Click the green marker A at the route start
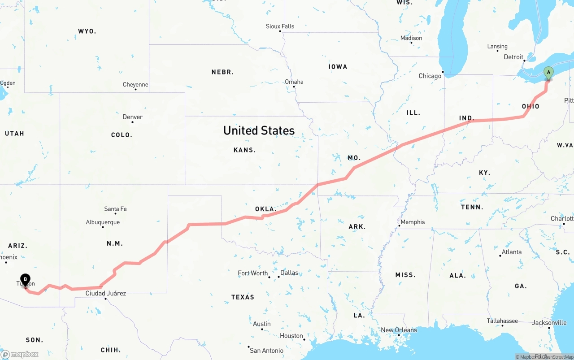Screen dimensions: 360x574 tap(548, 73)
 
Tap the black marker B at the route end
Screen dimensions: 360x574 tap(26, 280)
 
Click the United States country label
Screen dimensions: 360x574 tap(259, 130)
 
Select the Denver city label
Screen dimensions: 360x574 tap(133, 117)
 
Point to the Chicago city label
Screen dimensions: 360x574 tap(430, 76)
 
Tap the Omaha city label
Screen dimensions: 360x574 tap(294, 82)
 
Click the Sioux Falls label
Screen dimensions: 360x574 tap(280, 26)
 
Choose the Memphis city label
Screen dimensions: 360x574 tap(413, 222)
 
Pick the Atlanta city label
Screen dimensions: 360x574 tap(512, 252)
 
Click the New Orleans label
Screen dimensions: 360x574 tap(399, 330)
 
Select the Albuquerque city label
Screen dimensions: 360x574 tap(103, 222)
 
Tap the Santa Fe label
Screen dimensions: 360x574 tap(115, 209)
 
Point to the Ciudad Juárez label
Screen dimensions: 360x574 tap(106, 293)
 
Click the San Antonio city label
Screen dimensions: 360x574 tap(266, 350)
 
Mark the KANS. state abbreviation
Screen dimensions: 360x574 tap(244, 150)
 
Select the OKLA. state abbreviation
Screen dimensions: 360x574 tap(265, 209)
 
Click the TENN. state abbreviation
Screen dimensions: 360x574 tap(472, 207)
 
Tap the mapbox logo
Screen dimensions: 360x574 tap(20, 354)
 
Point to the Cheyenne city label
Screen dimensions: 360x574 tap(135, 85)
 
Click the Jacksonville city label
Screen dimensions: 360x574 tap(549, 323)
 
